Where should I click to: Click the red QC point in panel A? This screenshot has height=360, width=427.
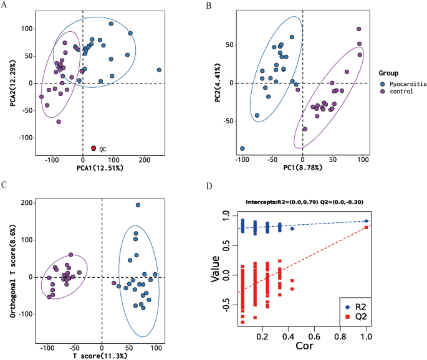94,148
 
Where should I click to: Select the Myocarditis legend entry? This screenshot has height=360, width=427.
402,84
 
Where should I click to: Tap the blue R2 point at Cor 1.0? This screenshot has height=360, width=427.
367,220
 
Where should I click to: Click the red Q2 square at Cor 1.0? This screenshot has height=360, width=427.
367,227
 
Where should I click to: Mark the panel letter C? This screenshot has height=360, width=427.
5,185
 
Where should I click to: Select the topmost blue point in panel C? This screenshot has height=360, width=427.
138,205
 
